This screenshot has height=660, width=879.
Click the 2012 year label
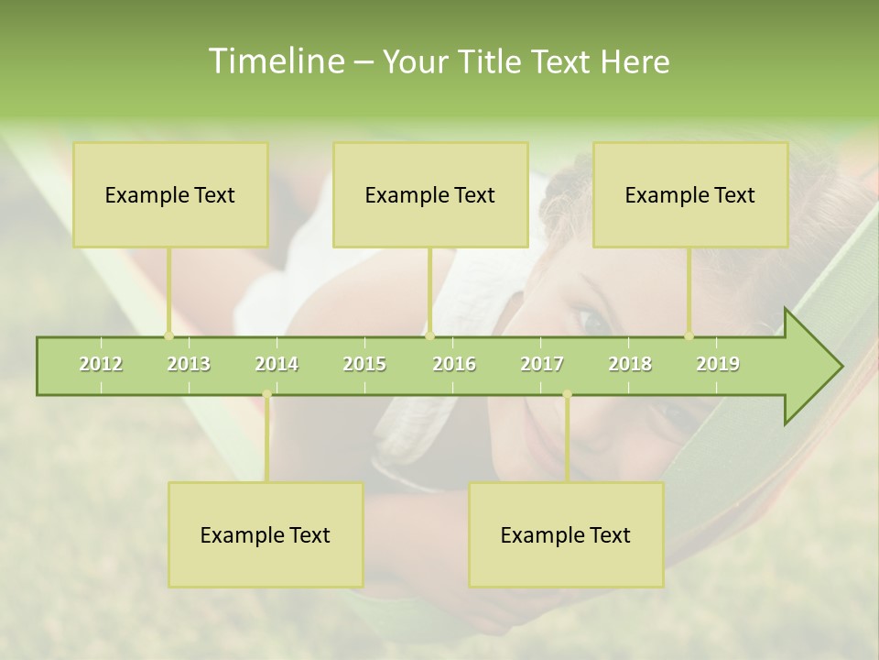click(101, 364)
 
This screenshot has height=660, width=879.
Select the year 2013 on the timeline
click(189, 364)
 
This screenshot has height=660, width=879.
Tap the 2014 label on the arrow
click(277, 364)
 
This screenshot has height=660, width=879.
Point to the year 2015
click(364, 364)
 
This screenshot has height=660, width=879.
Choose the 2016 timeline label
click(454, 364)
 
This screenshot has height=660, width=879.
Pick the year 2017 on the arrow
click(542, 364)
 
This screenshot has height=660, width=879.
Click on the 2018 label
click(630, 364)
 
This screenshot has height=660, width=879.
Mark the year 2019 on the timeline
click(718, 364)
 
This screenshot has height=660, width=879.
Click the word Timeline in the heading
click(275, 61)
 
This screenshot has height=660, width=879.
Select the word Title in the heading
click(492, 61)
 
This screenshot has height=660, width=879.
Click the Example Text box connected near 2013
click(170, 194)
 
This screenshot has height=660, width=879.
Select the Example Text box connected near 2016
click(430, 194)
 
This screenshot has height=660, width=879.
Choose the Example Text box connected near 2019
click(690, 194)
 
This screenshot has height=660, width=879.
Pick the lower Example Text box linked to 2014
click(266, 534)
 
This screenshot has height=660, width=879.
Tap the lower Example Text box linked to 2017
click(566, 534)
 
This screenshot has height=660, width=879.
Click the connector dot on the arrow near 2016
click(430, 335)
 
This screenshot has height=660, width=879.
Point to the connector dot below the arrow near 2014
click(266, 394)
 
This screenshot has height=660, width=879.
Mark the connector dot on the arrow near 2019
click(689, 335)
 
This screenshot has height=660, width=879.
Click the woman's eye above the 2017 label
click(591, 321)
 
